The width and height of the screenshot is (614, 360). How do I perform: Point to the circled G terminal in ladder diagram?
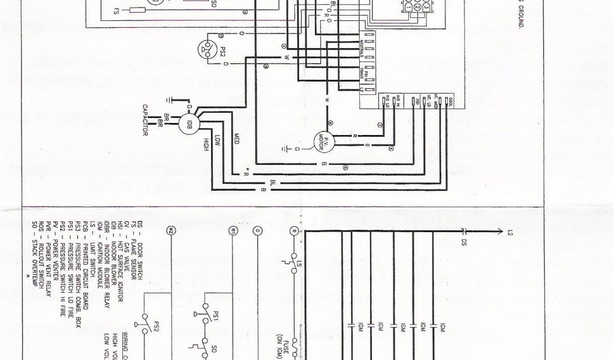coord(258,230)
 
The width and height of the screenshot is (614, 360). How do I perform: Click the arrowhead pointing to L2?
coord(499,230)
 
